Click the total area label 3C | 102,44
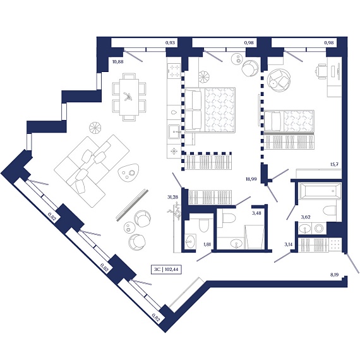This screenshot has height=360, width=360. pos(166,270)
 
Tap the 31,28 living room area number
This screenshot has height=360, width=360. pos(173,197)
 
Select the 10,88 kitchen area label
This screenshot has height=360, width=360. pos(117,61)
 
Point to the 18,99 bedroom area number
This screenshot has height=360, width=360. pos(251,179)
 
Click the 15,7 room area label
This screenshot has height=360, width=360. pos(334,165)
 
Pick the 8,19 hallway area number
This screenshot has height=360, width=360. pos(335,274)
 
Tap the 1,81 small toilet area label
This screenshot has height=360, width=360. pos(207,244)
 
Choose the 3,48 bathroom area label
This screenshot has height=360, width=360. pos(256,213)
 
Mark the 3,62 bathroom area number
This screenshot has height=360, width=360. pos(306,217)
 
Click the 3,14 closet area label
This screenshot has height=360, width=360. pos(289,244)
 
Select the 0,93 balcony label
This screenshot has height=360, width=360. pos(170,42)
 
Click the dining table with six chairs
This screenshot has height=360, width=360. pos(129,97)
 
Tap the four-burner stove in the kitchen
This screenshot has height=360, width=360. pos(174,71)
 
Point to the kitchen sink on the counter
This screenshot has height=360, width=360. pos(175,132)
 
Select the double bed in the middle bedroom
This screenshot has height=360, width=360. pos(210,110)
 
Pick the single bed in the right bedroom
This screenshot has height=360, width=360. pos(289,121)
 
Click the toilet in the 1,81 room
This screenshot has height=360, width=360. pos(204,225)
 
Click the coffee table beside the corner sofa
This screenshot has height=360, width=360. pos(128,172)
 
